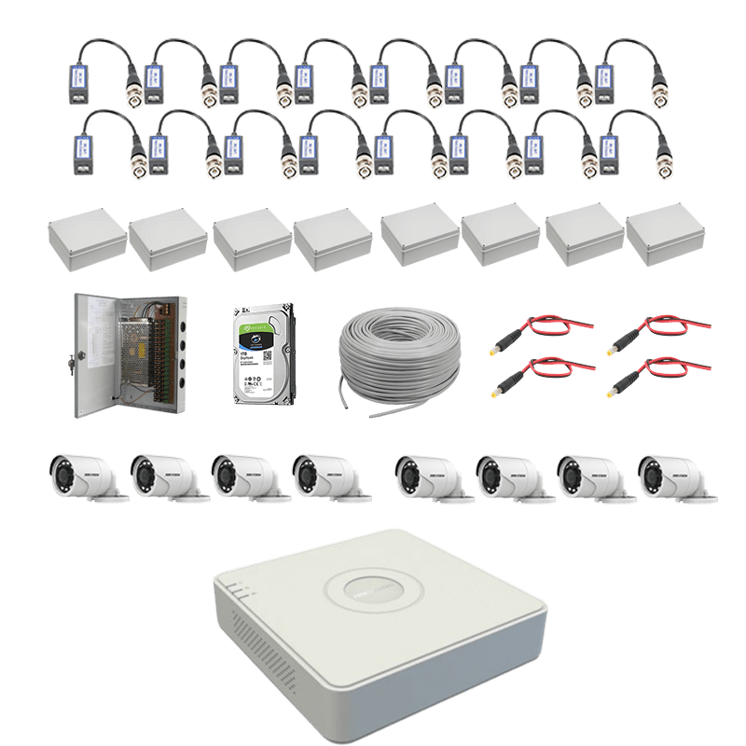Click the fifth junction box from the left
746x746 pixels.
pos(418,239)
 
